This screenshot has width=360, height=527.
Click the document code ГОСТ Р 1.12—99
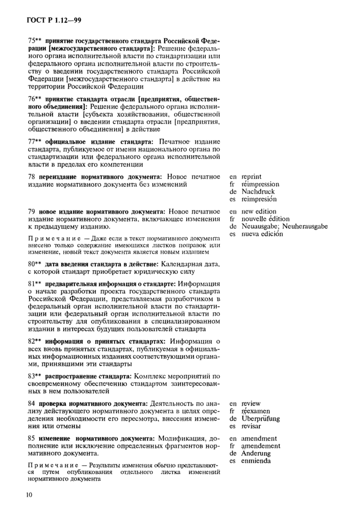52,20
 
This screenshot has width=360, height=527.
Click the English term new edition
259,211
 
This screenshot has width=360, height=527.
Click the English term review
251,403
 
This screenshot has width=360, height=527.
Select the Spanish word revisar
251,426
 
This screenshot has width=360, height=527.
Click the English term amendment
259,438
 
